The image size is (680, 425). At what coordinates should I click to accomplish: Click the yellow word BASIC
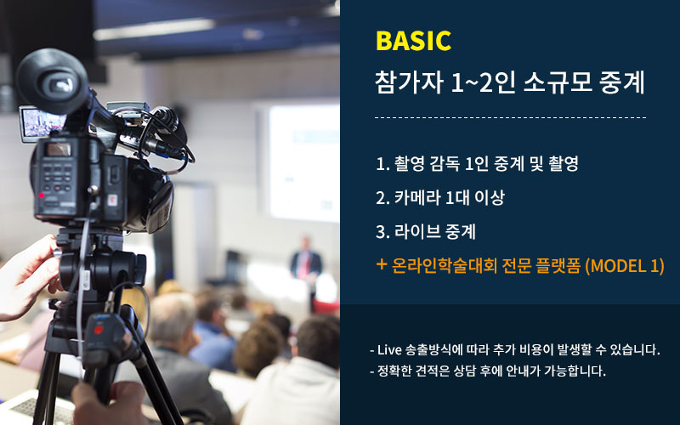point(413,41)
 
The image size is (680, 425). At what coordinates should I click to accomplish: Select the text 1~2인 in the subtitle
point(483,82)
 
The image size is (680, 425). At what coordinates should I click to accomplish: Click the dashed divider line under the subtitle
point(511,117)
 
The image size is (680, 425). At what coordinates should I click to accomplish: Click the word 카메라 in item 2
point(416,198)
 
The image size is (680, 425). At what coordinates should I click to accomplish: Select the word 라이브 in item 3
point(416,231)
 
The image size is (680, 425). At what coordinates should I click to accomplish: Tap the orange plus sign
point(381,264)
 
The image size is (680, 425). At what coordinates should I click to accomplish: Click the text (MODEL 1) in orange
point(625,265)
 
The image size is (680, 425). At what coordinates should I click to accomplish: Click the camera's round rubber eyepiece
point(53,81)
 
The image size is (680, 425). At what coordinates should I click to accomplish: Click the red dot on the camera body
point(42,195)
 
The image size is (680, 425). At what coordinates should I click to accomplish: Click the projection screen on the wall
point(303,162)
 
